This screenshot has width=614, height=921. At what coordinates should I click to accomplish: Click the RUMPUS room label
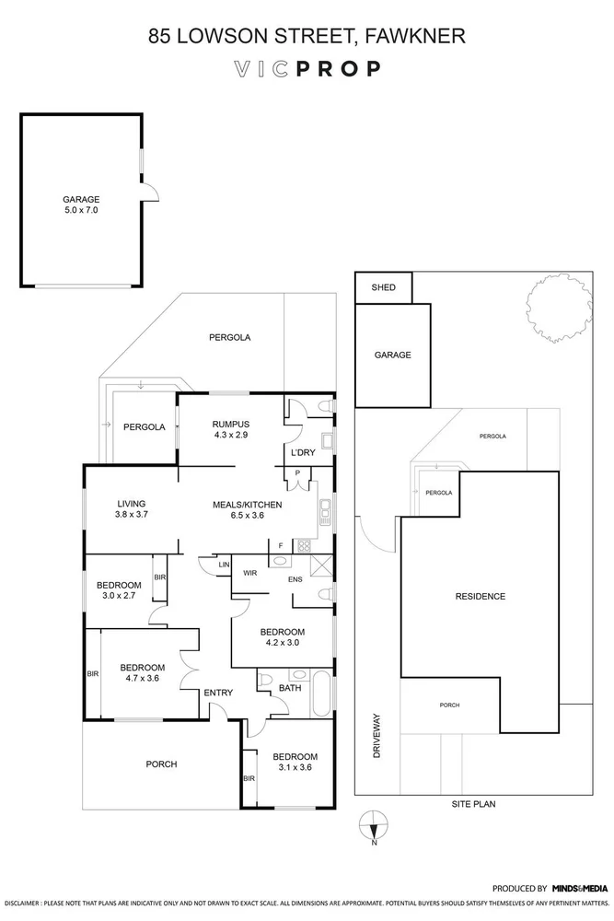click(x=231, y=424)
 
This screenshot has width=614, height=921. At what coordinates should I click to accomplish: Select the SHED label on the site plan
click(x=383, y=287)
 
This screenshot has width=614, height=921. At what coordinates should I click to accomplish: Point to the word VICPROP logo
click(x=307, y=69)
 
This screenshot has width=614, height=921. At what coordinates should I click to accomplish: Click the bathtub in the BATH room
click(x=321, y=694)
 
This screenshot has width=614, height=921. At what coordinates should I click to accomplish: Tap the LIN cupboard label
click(x=225, y=565)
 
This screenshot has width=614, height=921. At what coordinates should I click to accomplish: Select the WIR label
click(x=250, y=573)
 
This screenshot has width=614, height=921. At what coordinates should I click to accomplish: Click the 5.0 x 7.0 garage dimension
click(x=81, y=210)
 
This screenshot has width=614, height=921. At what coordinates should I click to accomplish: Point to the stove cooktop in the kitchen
click(x=304, y=546)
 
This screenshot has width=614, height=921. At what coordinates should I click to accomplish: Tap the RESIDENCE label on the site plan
click(x=481, y=596)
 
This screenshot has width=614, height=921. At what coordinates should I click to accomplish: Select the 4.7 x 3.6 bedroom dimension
click(x=142, y=678)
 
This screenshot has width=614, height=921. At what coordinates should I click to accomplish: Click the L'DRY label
click(x=303, y=452)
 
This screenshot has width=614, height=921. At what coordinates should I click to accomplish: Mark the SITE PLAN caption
click(x=473, y=804)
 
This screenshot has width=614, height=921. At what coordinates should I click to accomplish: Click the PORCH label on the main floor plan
click(x=161, y=764)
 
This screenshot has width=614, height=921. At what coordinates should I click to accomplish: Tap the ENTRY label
click(x=218, y=693)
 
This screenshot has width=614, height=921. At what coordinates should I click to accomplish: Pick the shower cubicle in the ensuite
click(x=321, y=565)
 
